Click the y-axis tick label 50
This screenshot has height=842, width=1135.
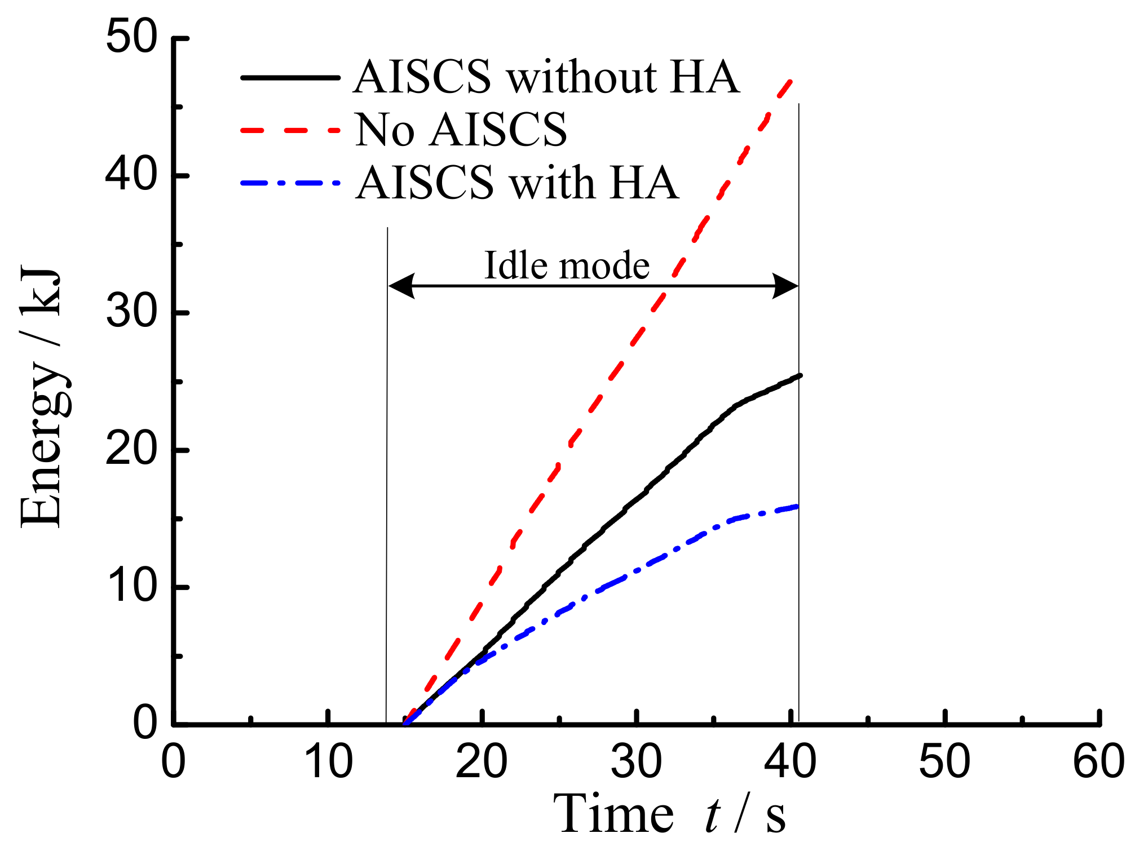click(131, 38)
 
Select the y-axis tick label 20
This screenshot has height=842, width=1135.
click(131, 450)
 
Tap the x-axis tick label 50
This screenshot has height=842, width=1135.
click(944, 762)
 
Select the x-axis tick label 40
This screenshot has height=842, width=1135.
click(790, 762)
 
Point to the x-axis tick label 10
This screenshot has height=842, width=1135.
click(328, 762)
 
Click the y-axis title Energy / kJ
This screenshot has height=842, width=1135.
click(41, 397)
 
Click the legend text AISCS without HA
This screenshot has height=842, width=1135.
click(546, 77)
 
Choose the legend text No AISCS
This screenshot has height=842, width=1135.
click(461, 130)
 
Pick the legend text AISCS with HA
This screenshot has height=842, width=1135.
click(517, 183)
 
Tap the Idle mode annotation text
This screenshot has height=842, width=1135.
click(567, 265)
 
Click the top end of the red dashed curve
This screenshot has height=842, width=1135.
click(792, 81)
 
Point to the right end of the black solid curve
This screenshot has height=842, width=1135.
click(800, 375)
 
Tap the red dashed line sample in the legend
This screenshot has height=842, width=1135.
click(290, 130)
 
